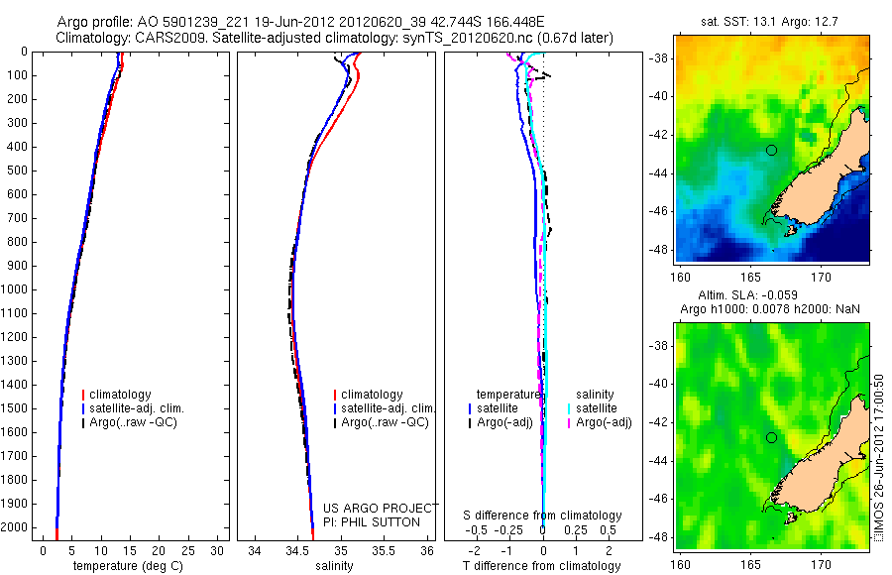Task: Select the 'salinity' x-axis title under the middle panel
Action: coord(334,566)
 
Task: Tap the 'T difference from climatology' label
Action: coord(541,566)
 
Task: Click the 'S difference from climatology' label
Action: coord(543,516)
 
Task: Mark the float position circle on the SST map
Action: coord(771,150)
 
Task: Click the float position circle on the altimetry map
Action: coord(771,437)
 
